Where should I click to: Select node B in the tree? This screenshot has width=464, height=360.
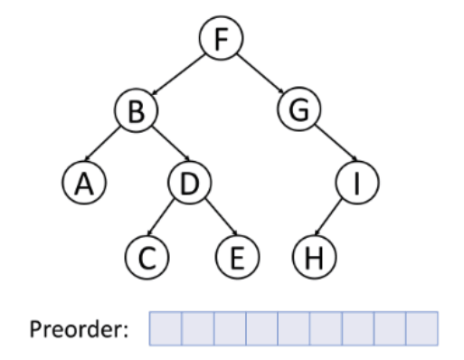[x=137, y=112]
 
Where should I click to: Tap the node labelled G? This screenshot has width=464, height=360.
[x=299, y=112]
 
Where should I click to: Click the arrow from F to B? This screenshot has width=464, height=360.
[x=176, y=76]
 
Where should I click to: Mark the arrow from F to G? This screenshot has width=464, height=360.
[x=259, y=76]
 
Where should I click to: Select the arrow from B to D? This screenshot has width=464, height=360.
[x=164, y=147]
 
